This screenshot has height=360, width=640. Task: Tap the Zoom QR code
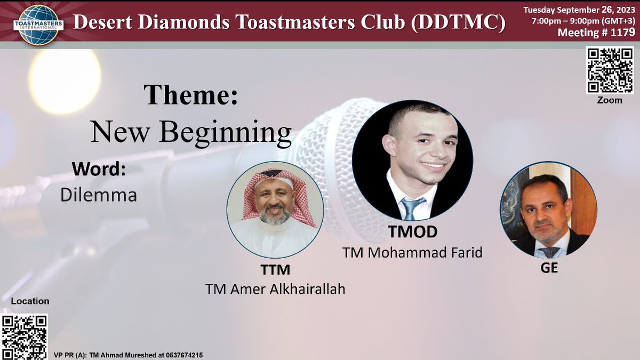[609, 70]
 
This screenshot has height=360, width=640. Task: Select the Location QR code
[25, 337]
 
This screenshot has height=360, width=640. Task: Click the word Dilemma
[99, 195]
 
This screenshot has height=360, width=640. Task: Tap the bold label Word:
[99, 170]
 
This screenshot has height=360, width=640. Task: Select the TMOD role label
[412, 232]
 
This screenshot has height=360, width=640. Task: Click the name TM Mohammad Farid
[412, 252]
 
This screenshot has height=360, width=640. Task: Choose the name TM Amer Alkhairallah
[275, 289]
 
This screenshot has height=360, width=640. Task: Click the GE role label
[549, 268]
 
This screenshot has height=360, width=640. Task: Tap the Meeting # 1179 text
[596, 33]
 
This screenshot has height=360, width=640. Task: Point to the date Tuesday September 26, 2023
[579, 10]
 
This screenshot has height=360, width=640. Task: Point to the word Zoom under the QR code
[609, 100]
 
